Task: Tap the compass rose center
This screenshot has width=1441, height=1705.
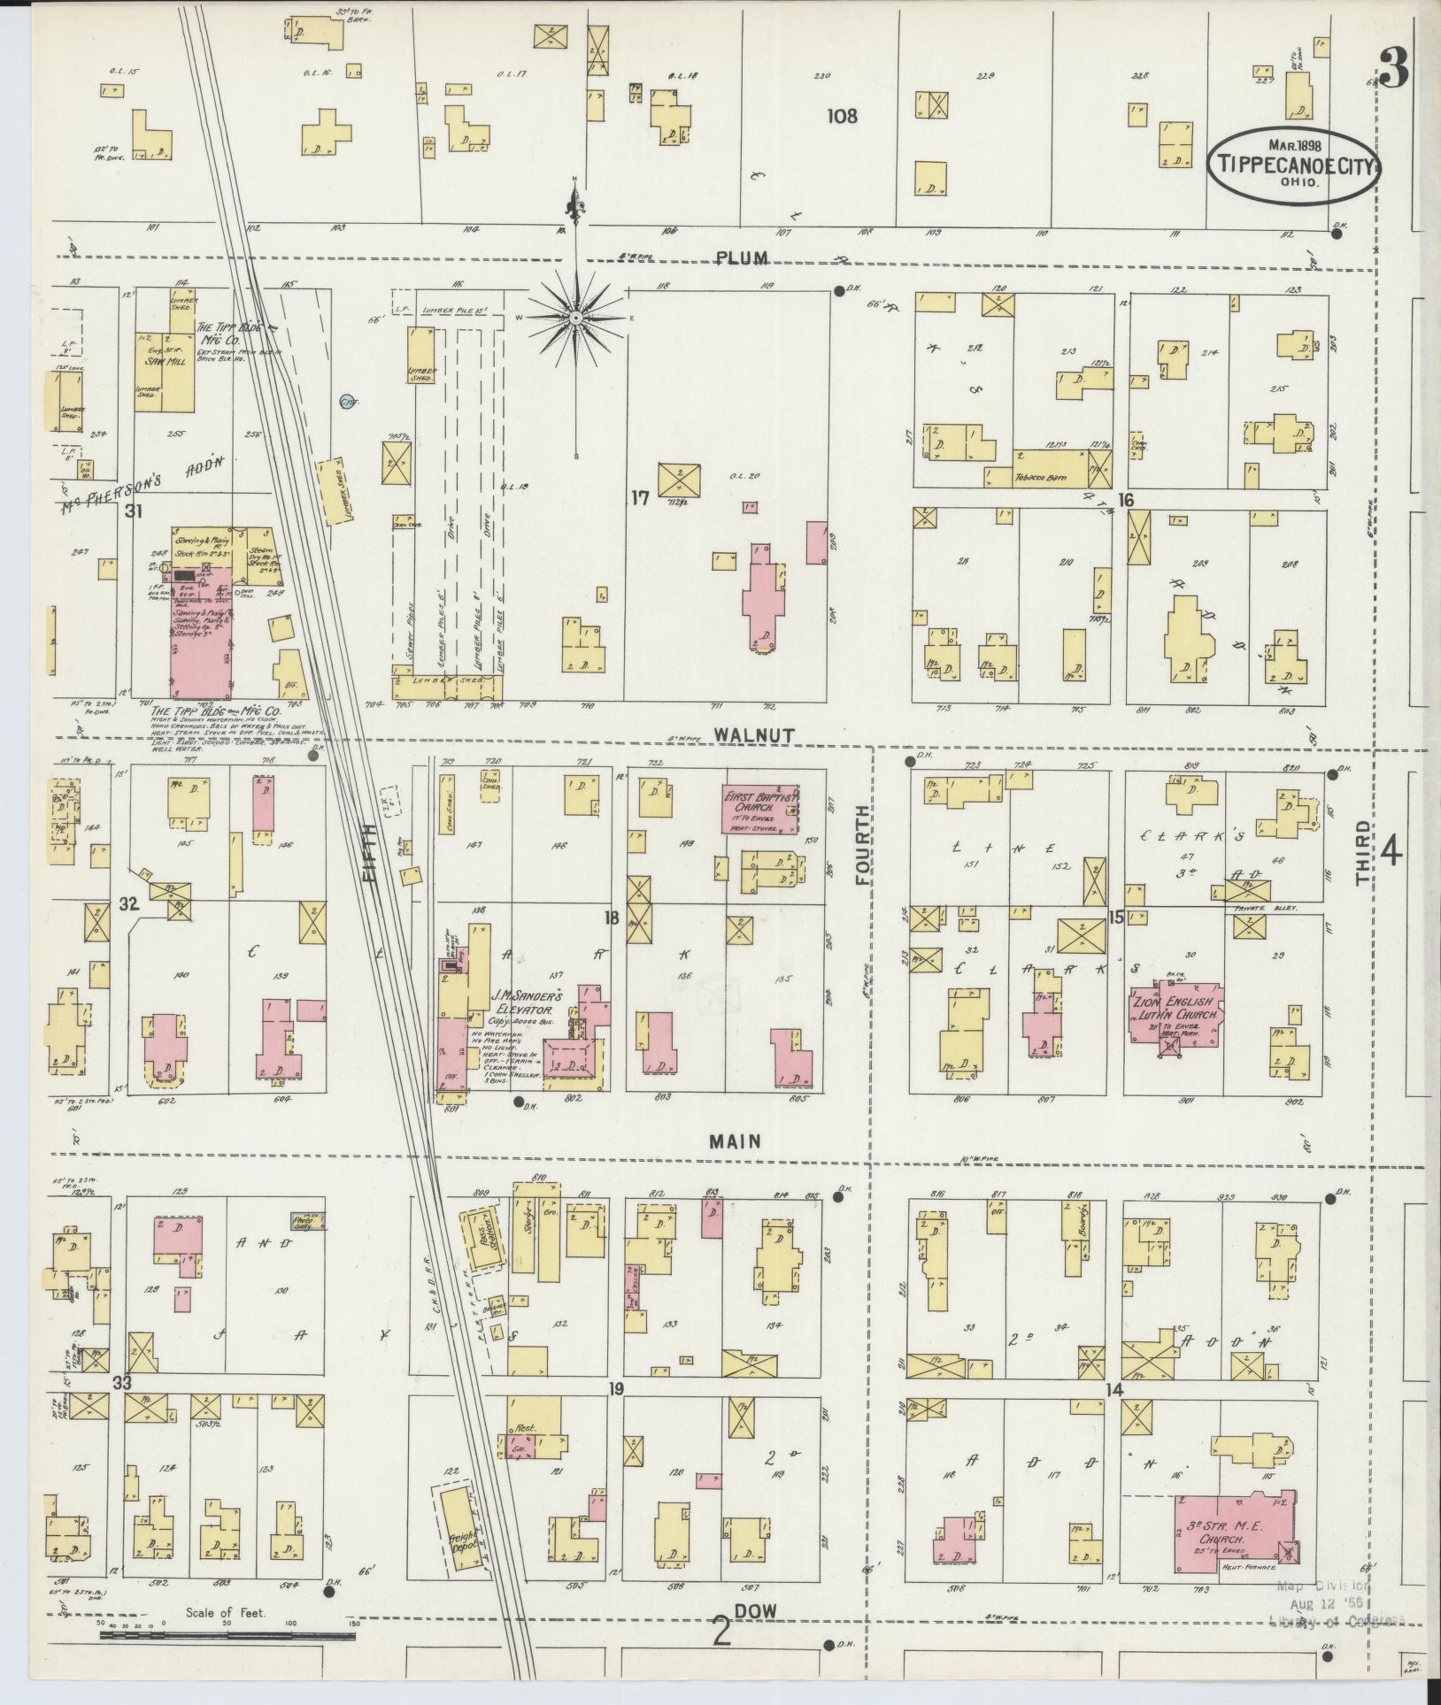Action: click(x=575, y=317)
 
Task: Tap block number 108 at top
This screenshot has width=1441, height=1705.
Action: click(x=842, y=115)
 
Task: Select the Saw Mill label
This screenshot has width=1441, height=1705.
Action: click(x=167, y=361)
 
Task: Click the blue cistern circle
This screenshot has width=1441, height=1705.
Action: click(x=347, y=401)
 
